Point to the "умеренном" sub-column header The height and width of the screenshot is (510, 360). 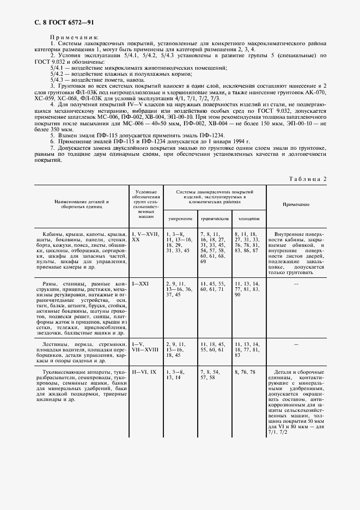pos(180,218)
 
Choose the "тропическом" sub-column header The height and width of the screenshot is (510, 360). pos(215,218)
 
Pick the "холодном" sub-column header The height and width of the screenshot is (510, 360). pos(248,218)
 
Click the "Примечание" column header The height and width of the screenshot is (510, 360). pos(296,204)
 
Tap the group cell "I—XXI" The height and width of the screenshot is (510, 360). pos(141,284)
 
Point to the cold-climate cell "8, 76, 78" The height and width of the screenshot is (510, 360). pos(245,372)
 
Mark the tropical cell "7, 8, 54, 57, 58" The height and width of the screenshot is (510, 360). pos(210,374)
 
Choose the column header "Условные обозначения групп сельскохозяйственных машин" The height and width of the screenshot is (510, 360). pos(146,204)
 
